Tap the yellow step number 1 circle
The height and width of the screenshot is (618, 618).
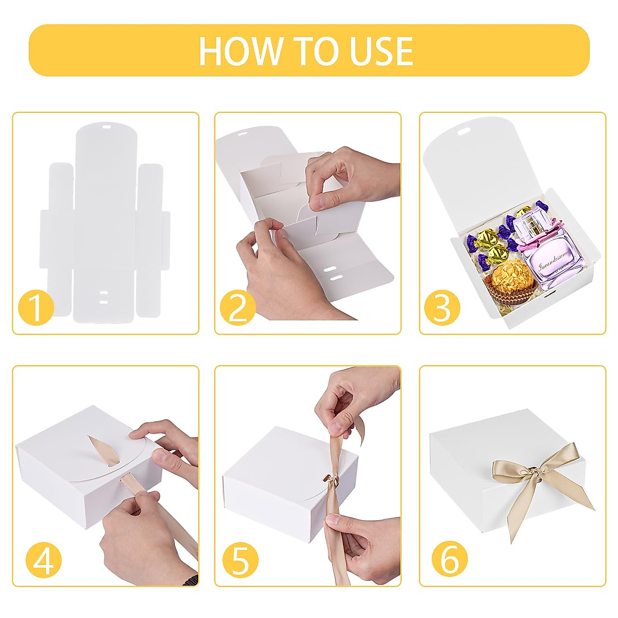coord(36,308)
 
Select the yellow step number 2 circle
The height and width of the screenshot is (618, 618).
coord(238,308)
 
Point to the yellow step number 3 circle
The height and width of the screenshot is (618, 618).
coord(442,308)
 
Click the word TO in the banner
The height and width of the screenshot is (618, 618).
coord(316,51)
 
